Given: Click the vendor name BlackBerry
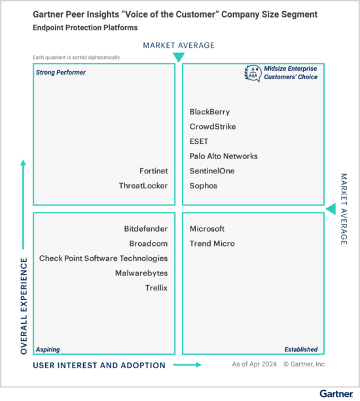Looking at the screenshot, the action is pos(209,112).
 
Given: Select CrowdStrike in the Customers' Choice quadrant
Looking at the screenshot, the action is pos(213,127).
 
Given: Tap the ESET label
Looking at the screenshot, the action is pos(199,141).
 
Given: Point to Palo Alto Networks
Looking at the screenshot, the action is pos(224,156).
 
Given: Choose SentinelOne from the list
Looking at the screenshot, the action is pos(212,171).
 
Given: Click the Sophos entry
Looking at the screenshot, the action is pos(203,186).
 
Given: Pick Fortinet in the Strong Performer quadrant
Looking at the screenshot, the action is pos(154,171).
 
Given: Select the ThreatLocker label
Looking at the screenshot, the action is pos(143,186).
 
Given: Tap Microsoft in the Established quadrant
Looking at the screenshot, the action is pos(207,229).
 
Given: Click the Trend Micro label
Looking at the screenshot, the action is pos(212,243).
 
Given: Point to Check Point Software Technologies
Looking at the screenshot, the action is pos(103,258).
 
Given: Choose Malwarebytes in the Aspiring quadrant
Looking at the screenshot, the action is pos(141,273).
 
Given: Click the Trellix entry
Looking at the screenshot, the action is pos(156,288).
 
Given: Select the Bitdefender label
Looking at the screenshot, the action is pos(146,229).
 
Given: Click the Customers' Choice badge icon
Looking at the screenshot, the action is pos(253,73).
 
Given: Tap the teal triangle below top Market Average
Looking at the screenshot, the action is pos(179,58).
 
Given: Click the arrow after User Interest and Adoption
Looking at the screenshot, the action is pos(187,364).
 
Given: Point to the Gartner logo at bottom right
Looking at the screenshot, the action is pos(336,394).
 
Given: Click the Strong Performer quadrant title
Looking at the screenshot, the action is pos(61,73).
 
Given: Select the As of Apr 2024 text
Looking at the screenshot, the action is pos(255,364).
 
